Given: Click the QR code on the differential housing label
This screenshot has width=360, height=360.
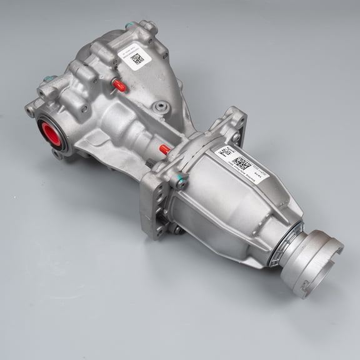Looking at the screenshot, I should click(137, 59).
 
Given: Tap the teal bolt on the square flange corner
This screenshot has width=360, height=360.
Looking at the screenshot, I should click(180, 184).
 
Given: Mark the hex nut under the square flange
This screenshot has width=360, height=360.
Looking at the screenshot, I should click(176, 231).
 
